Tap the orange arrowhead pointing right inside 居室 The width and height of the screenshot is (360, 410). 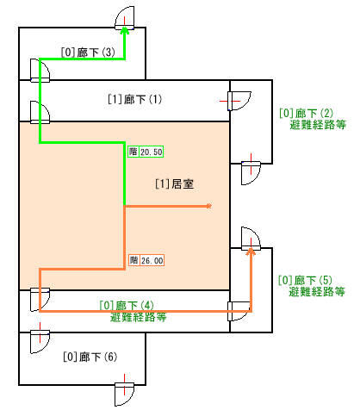coord(209,206)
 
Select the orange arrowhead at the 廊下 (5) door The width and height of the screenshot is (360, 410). coord(251,252)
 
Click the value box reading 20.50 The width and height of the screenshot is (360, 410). coord(152,152)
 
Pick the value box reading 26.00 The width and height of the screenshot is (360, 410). coord(152,260)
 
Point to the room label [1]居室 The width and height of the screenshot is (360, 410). coord(175,184)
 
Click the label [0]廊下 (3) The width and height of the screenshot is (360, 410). coord(88,53)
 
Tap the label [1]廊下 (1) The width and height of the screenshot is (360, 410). coord(134,99)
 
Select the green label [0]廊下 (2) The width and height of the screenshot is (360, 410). coord(306,113)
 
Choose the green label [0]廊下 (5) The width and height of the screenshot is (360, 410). coord(305,280)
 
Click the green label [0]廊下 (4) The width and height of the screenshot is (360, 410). coord(127,305)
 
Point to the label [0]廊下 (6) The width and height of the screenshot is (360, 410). coord(90,357)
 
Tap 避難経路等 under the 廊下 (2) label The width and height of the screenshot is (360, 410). coord(318,125)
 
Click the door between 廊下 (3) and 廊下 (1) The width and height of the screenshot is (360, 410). coord(40,71)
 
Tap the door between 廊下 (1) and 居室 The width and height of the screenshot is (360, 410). coord(40,113)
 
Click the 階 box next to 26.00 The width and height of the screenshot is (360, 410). coord(133,260)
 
